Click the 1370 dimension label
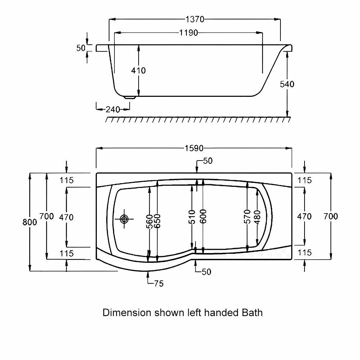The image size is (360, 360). click(195, 19)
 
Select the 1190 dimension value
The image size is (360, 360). click(188, 33)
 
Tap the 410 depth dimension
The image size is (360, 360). click(139, 70)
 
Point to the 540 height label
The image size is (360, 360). click(287, 84)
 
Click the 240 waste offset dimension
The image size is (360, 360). click(113, 109)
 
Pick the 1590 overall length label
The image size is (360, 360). click(194, 148)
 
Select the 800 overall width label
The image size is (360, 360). click(30, 222)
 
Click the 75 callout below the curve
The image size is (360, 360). click(159, 284)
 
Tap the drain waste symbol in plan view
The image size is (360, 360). click(124, 219)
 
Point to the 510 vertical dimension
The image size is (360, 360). click(192, 217)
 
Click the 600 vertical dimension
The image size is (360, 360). click(203, 216)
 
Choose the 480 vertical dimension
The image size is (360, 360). click(257, 217)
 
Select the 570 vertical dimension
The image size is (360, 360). click(247, 216)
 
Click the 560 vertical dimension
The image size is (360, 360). click(149, 221)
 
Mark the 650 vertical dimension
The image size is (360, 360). click(157, 221)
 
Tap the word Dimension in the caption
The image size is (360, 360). click(127, 312)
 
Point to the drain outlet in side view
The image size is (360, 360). click(130, 97)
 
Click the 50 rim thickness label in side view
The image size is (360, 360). click(81, 48)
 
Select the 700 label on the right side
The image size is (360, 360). click(330, 216)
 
